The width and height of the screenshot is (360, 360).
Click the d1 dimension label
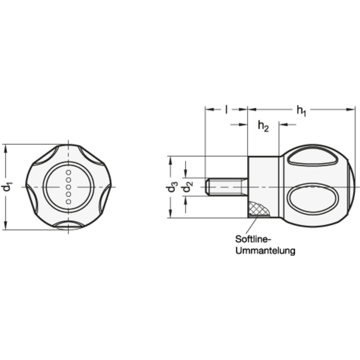(x=7, y=187)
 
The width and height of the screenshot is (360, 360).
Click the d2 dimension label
(x=187, y=187)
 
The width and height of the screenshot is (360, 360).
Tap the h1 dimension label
(x=301, y=111)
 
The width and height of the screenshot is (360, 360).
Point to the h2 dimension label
(x=263, y=126)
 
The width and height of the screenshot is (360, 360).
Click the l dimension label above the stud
(x=226, y=110)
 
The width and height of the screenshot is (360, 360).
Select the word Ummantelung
(x=265, y=250)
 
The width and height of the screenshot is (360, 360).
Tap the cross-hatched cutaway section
(x=259, y=209)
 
